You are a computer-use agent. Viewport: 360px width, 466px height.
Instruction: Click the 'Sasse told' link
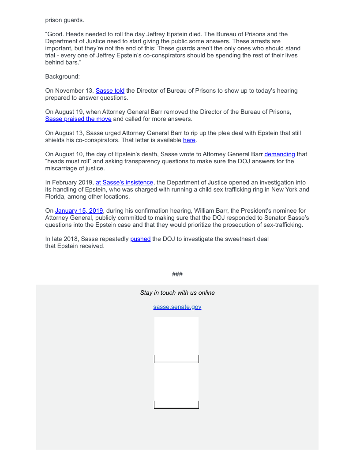(x=110, y=90)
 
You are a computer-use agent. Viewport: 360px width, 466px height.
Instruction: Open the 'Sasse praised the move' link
(x=78, y=119)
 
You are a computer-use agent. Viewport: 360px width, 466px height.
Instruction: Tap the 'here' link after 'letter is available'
(x=189, y=140)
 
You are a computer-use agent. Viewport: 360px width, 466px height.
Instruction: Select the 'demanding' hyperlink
(x=279, y=154)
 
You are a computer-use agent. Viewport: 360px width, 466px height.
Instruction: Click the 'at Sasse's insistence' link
(x=124, y=182)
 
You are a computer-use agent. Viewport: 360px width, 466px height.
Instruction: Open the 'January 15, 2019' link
(x=79, y=210)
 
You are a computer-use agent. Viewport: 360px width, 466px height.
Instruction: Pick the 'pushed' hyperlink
(x=140, y=239)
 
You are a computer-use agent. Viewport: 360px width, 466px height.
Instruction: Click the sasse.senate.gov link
(x=177, y=307)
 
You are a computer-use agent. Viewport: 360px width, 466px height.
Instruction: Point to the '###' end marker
(x=177, y=274)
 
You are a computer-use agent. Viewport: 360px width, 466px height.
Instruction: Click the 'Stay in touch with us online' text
(x=177, y=293)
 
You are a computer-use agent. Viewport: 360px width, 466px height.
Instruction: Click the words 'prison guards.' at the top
(x=64, y=20)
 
